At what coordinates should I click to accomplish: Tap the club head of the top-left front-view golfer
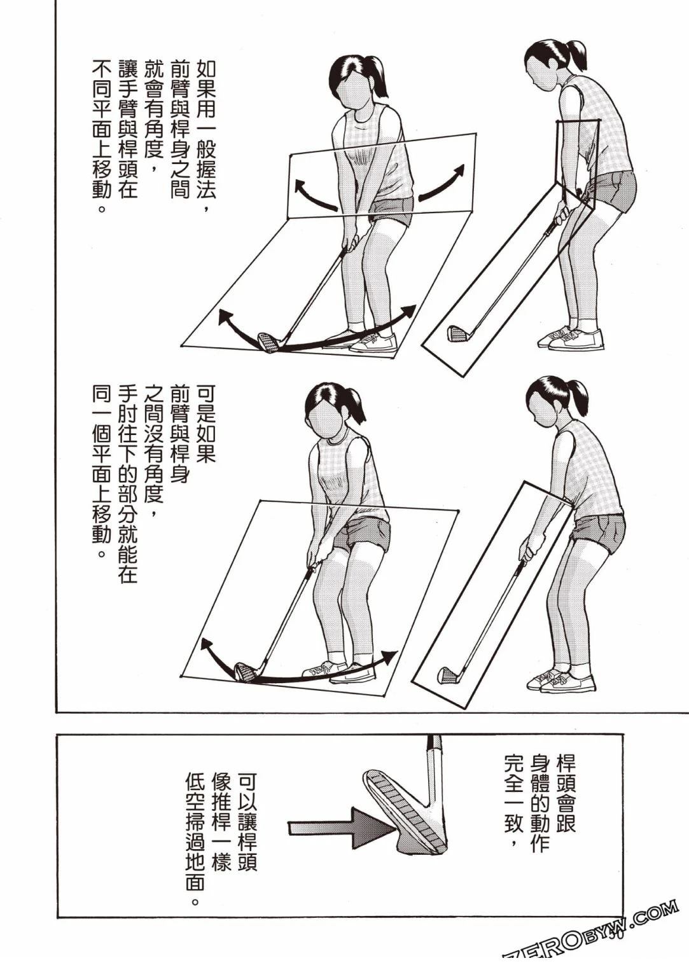(x=269, y=342)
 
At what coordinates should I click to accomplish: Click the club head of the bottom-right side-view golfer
(x=448, y=674)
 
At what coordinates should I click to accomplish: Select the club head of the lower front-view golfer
(x=244, y=671)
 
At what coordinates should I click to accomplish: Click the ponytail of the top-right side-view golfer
(x=577, y=55)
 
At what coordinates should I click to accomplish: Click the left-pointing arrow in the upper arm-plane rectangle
(x=314, y=195)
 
